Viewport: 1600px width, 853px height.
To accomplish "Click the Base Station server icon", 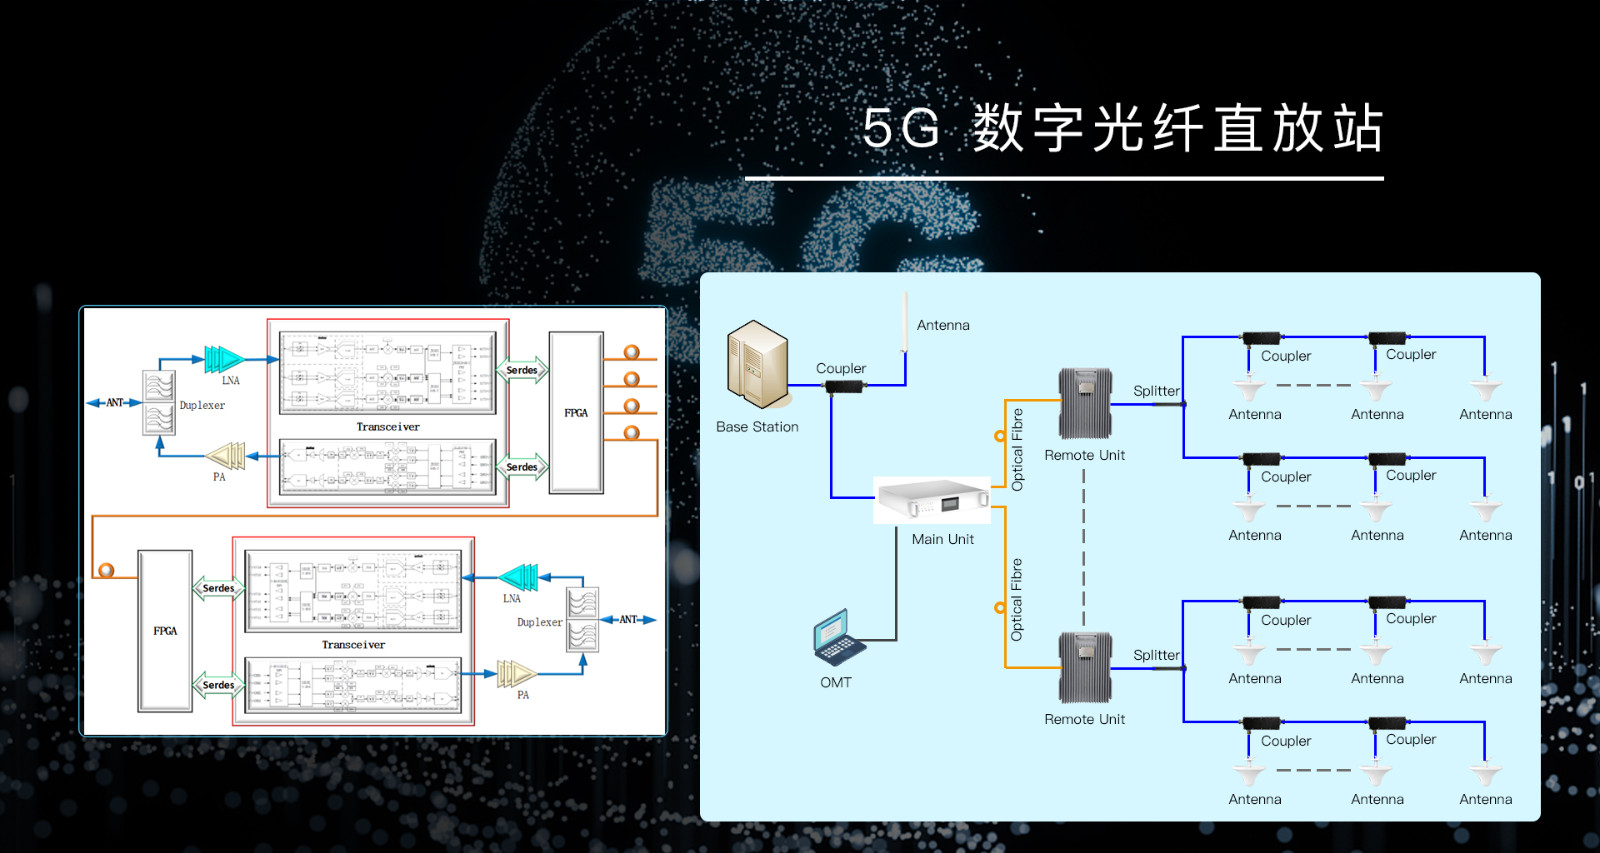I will (x=757, y=365).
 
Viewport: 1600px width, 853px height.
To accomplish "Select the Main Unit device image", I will (x=932, y=500).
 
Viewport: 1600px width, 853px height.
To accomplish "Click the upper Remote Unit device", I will (x=1085, y=403).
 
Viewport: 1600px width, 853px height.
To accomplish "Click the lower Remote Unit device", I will (x=1085, y=667).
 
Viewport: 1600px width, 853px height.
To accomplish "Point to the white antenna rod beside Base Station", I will (x=905, y=322).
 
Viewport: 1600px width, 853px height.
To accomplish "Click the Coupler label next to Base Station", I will (x=840, y=368).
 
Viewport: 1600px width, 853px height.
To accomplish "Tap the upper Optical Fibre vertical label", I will (x=1017, y=449).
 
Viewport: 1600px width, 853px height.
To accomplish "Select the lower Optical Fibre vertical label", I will (x=1017, y=599).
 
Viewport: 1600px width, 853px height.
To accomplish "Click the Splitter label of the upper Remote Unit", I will (x=1156, y=391).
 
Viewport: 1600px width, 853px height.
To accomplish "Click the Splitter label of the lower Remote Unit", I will (x=1156, y=655).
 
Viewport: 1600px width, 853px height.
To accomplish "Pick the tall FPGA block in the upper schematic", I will (x=576, y=412).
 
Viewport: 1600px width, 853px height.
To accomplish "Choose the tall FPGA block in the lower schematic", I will (x=165, y=630).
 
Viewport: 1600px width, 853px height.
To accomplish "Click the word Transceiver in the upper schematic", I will (x=388, y=427).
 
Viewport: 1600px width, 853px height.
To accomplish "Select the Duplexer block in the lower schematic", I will (x=582, y=619).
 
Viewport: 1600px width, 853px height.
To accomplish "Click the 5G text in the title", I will (x=902, y=129).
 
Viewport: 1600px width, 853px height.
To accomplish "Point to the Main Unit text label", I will (x=942, y=539).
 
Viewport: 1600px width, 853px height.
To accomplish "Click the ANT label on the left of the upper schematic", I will (x=114, y=403).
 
